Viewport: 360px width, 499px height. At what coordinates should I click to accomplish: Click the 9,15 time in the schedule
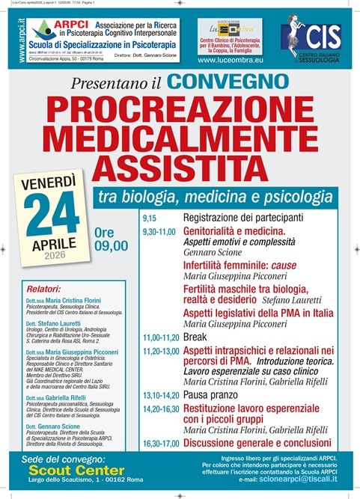pos(150,218)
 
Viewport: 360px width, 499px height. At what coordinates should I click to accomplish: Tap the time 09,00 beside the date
pos(112,245)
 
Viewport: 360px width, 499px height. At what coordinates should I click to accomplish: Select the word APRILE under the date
pos(55,244)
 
